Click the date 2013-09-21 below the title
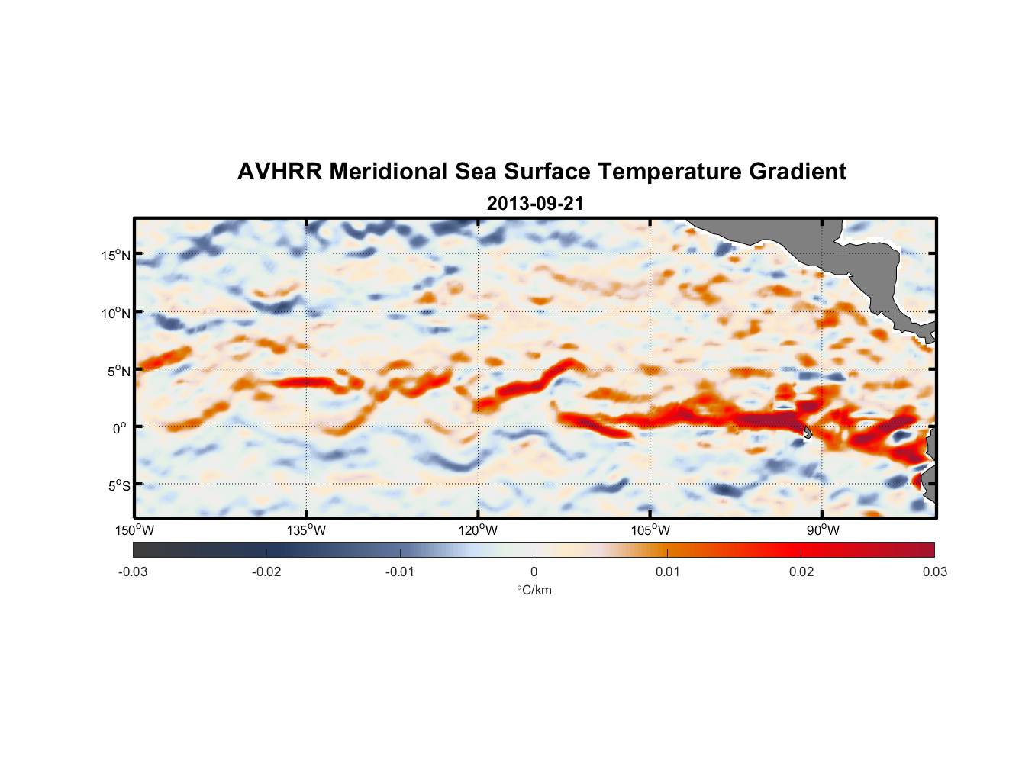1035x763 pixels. [x=535, y=204]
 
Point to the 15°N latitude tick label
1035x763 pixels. [x=116, y=255]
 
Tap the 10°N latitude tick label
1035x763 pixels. [x=116, y=313]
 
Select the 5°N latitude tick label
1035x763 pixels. [x=118, y=371]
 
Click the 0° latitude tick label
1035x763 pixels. [x=119, y=428]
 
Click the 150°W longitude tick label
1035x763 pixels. [x=134, y=530]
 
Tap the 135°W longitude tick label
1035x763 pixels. [x=306, y=530]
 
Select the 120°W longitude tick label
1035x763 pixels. [x=478, y=530]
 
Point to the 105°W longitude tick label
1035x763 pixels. [x=650, y=530]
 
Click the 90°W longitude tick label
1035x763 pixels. [x=823, y=530]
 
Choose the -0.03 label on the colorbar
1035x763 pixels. [x=133, y=571]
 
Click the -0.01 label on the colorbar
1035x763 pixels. [x=400, y=571]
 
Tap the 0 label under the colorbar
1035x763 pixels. [x=534, y=571]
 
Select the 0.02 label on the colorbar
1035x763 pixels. [x=801, y=571]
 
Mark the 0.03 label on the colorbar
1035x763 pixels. [x=934, y=571]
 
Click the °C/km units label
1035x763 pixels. [x=534, y=590]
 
